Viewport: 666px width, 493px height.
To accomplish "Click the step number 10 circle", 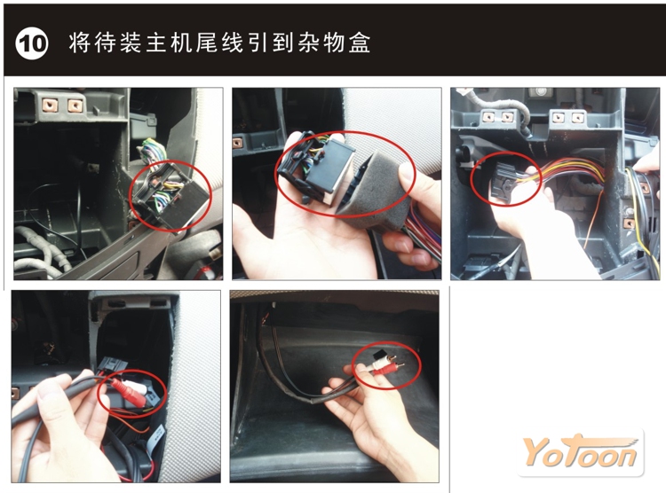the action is (31, 43).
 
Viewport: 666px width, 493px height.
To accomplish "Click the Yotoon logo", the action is (581, 452).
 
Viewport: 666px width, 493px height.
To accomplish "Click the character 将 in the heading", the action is (78, 43).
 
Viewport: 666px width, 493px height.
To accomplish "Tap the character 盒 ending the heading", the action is (360, 43).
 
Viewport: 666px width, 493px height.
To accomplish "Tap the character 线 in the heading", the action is (232, 43).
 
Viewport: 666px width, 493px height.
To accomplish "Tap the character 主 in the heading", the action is (155, 43).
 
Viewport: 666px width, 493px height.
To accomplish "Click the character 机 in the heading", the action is (181, 43).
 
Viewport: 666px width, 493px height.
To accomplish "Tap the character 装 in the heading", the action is (130, 43).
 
